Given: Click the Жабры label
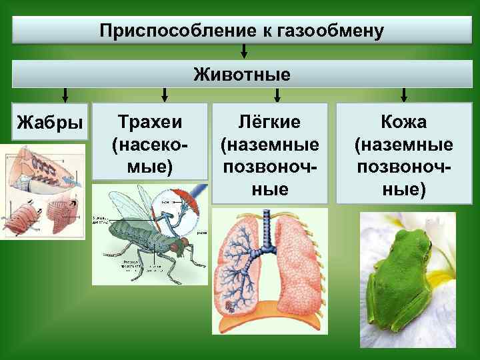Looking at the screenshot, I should [50, 123].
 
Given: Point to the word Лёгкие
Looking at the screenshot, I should [270, 121].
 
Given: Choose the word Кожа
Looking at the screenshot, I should [404, 121].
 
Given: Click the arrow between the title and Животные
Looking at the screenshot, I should [245, 51].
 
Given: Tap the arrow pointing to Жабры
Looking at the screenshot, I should [65, 95].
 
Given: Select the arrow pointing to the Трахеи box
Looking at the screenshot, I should [165, 95].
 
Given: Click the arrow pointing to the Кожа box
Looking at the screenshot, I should [404, 95].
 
